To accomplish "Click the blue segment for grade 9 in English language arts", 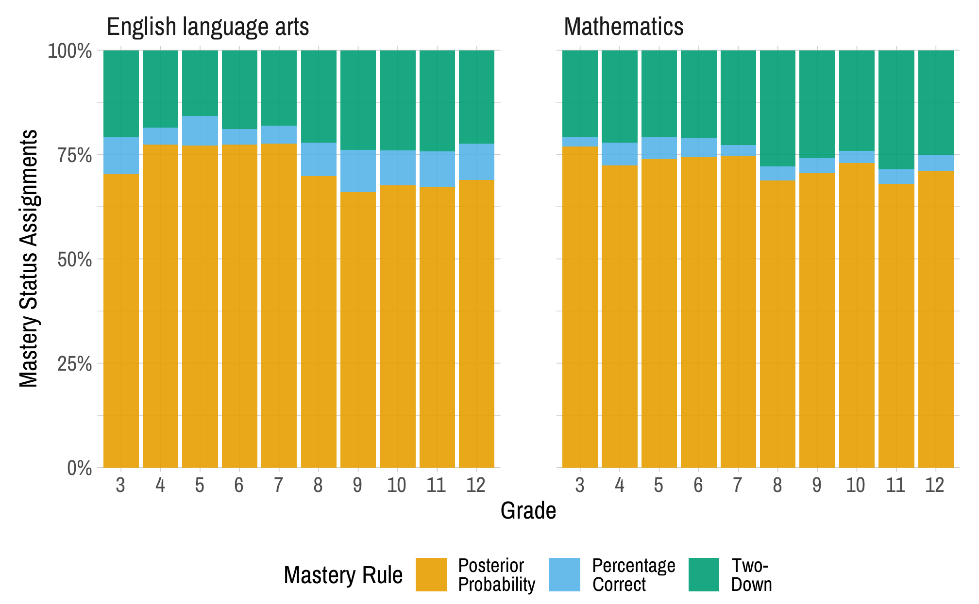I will (x=358, y=171).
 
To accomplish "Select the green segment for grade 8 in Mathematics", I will (x=777, y=108).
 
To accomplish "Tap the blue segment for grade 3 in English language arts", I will (x=121, y=156).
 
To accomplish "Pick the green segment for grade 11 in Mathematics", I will (x=896, y=110).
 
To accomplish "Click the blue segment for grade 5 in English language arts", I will (x=200, y=131).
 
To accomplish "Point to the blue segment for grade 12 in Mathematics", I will (x=936, y=163).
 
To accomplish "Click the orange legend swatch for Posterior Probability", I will (x=431, y=574).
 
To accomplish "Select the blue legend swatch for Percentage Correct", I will (x=564, y=574).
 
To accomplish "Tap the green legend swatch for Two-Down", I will (x=704, y=574).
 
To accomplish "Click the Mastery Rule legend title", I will (x=343, y=575).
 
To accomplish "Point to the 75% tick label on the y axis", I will (x=74, y=156).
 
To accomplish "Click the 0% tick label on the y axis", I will (x=79, y=468).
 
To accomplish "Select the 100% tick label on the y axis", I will (x=70, y=51).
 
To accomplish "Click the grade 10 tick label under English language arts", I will (x=397, y=485).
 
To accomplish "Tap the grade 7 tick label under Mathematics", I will (x=738, y=485).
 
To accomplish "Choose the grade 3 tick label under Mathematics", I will (x=579, y=485).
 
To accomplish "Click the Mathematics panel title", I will (x=624, y=27).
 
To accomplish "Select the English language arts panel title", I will (x=208, y=27).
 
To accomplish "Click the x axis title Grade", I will (x=528, y=511).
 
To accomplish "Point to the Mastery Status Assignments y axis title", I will (x=28, y=259).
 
